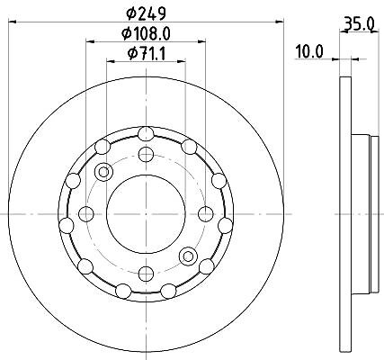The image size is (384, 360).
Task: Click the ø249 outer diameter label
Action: point(146,13)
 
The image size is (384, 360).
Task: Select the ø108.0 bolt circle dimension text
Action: point(146,33)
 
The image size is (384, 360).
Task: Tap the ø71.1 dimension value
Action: point(146,54)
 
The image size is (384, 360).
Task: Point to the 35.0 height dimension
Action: point(359,23)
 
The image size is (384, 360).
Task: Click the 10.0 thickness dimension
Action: point(309,51)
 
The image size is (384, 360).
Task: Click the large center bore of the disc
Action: point(146,214)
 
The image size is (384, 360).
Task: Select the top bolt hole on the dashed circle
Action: point(146,155)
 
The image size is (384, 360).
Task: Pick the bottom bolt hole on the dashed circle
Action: point(146,274)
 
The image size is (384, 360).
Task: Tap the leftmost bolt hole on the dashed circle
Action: point(86,214)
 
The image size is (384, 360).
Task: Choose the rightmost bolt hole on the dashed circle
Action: point(206,214)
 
